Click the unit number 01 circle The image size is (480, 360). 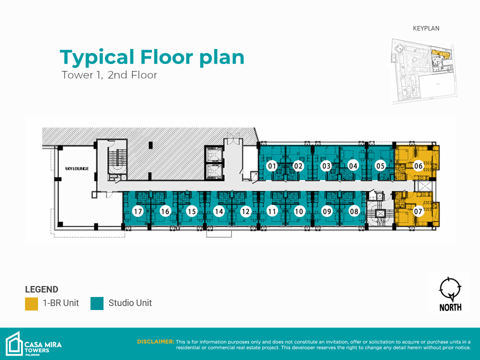click(x=272, y=166)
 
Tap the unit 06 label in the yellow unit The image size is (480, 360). click(x=418, y=166)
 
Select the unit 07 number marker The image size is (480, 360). click(x=418, y=211)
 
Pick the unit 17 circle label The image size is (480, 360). click(x=138, y=211)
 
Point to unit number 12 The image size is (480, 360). click(x=245, y=211)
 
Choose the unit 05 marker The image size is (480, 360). click(x=380, y=166)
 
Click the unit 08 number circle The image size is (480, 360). click(x=354, y=211)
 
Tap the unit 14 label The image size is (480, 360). click(x=218, y=211)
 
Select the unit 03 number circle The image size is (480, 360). click(x=326, y=166)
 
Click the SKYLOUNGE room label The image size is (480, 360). click(x=77, y=168)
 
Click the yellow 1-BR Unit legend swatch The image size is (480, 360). click(x=31, y=303)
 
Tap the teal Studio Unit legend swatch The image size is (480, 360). click(x=97, y=303)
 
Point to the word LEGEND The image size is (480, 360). click(x=41, y=289)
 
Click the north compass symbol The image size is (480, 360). click(x=450, y=289)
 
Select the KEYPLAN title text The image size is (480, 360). click(x=426, y=28)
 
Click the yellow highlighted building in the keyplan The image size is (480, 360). click(x=441, y=54)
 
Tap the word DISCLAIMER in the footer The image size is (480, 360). click(x=155, y=341)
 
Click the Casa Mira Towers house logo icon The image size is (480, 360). click(x=14, y=344)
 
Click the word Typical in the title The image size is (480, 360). click(x=97, y=57)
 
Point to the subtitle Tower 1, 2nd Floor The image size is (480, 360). click(x=109, y=75)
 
